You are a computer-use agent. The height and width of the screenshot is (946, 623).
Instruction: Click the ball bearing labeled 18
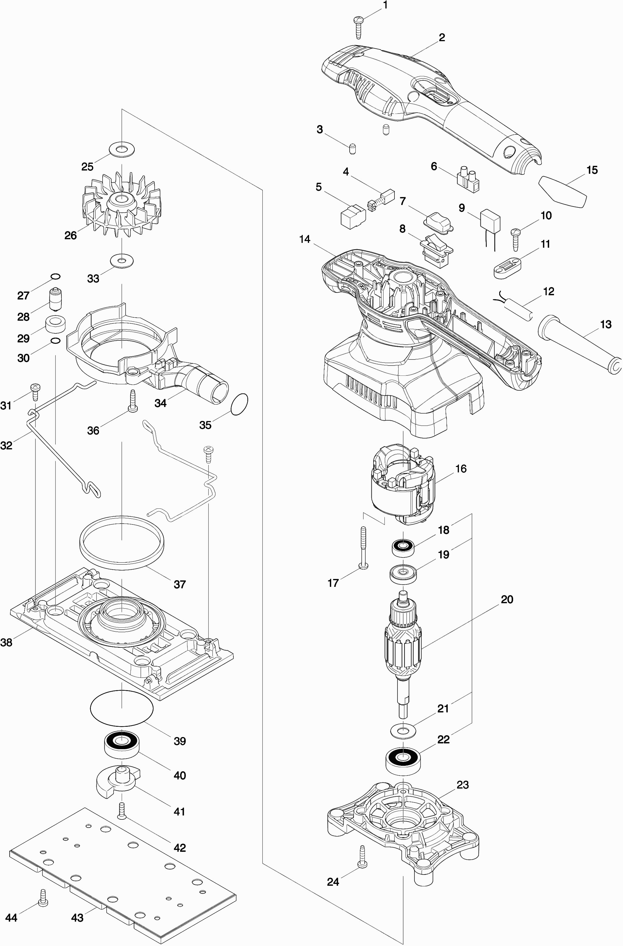403,548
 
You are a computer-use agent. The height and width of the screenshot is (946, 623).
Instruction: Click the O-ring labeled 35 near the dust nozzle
239,405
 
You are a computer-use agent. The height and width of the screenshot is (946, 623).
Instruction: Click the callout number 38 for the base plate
6,642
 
